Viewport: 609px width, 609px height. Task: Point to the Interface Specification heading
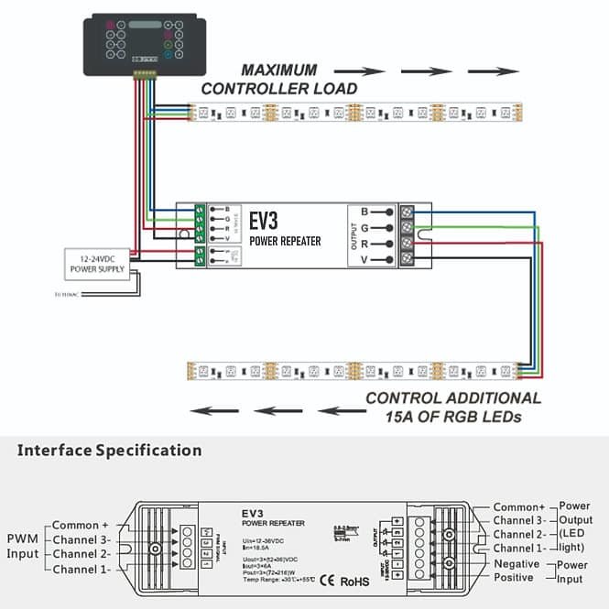coord(110,450)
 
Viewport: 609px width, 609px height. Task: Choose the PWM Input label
coord(24,546)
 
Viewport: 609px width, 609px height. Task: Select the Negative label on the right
coord(517,564)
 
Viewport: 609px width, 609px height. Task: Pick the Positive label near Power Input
coord(515,578)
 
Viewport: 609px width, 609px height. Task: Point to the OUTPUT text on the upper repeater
coord(355,235)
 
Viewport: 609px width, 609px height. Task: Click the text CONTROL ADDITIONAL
coord(452,398)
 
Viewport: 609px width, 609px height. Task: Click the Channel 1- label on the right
coord(519,548)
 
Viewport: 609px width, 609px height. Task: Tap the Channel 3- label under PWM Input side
coord(82,540)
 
